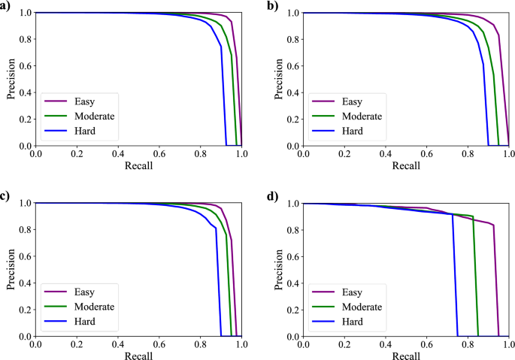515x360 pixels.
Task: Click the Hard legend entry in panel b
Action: [x=350, y=132]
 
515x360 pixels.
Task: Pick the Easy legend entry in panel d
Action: [x=350, y=290]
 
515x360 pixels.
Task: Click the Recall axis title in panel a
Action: [x=138, y=165]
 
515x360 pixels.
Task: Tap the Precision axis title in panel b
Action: [x=275, y=79]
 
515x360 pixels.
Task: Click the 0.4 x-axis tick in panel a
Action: [x=118, y=153]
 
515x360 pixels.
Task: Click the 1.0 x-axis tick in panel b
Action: [x=509, y=153]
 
